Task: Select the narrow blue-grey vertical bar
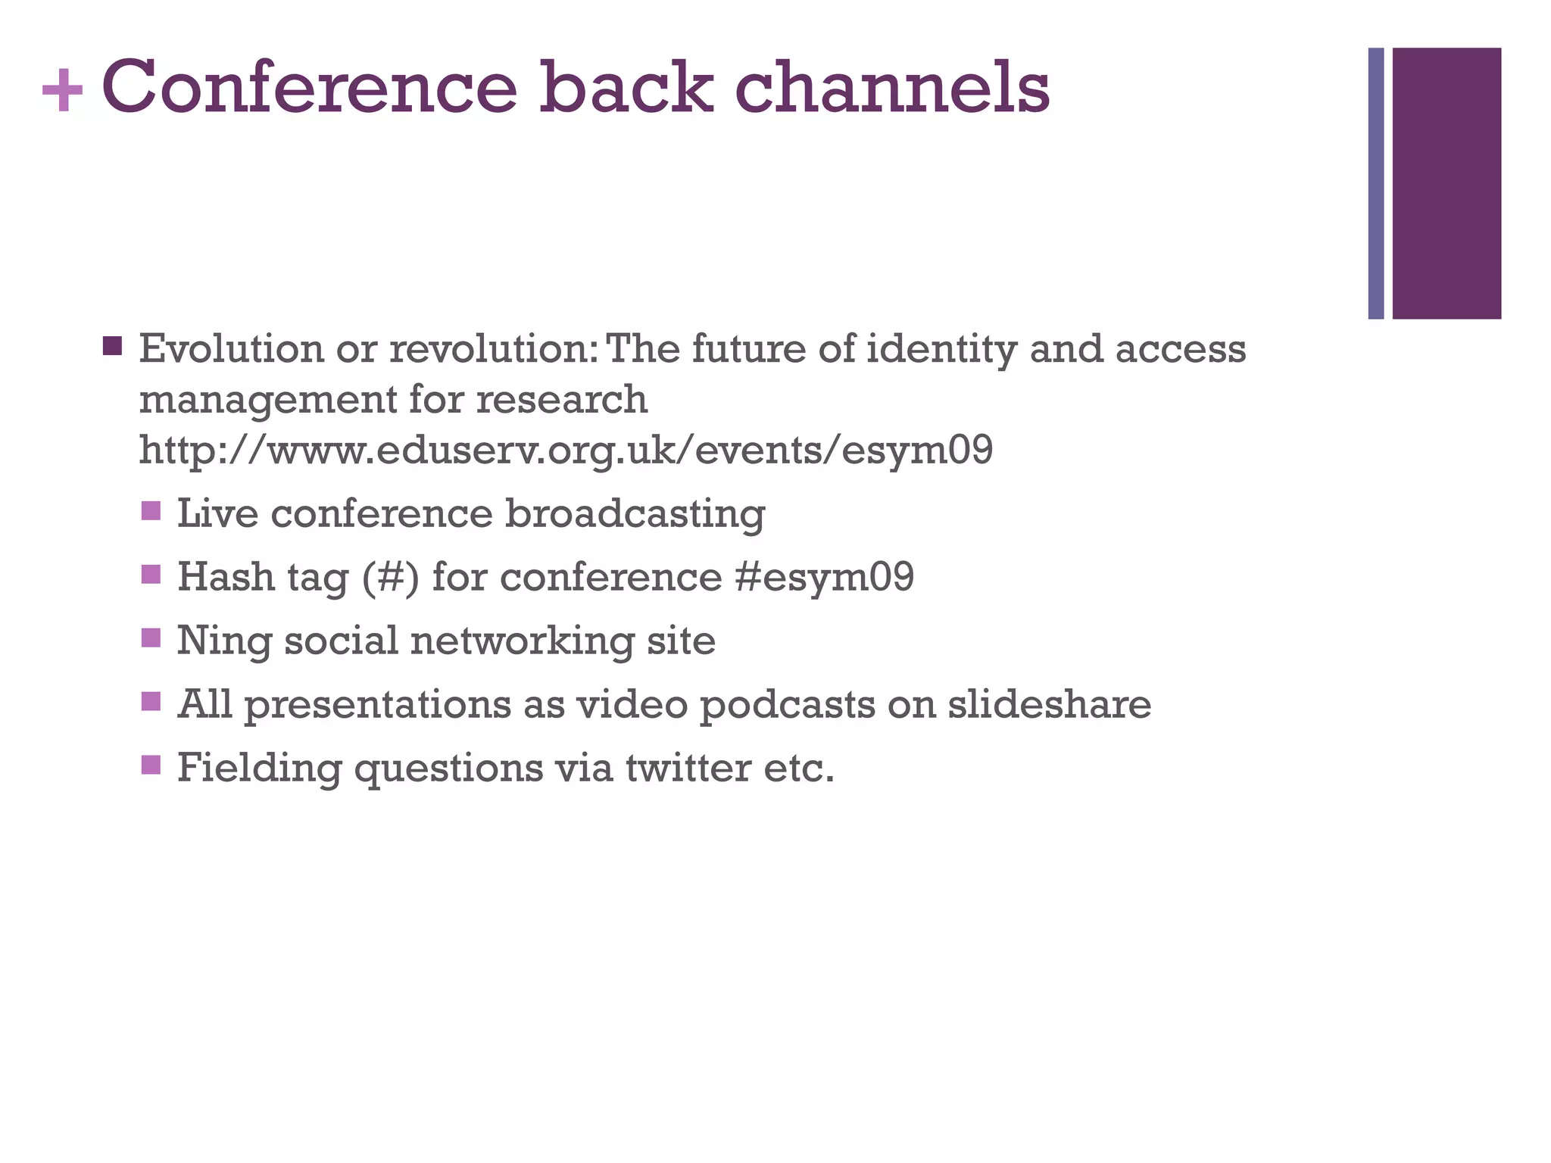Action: tap(1376, 183)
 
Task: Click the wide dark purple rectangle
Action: tap(1446, 183)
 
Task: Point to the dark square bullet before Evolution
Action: tap(112, 347)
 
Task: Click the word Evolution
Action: tap(232, 349)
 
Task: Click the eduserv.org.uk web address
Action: tap(566, 450)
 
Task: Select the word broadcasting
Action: tap(635, 515)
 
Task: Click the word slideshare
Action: tap(1049, 704)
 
